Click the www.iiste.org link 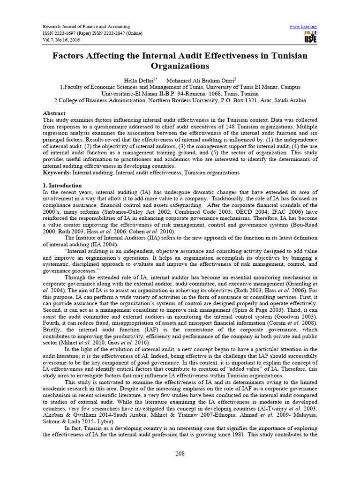click(x=304, y=26)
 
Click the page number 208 click(x=180, y=454)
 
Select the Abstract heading click(x=54, y=113)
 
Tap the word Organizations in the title click(x=180, y=66)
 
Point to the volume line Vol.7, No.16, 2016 click(x=62, y=40)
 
